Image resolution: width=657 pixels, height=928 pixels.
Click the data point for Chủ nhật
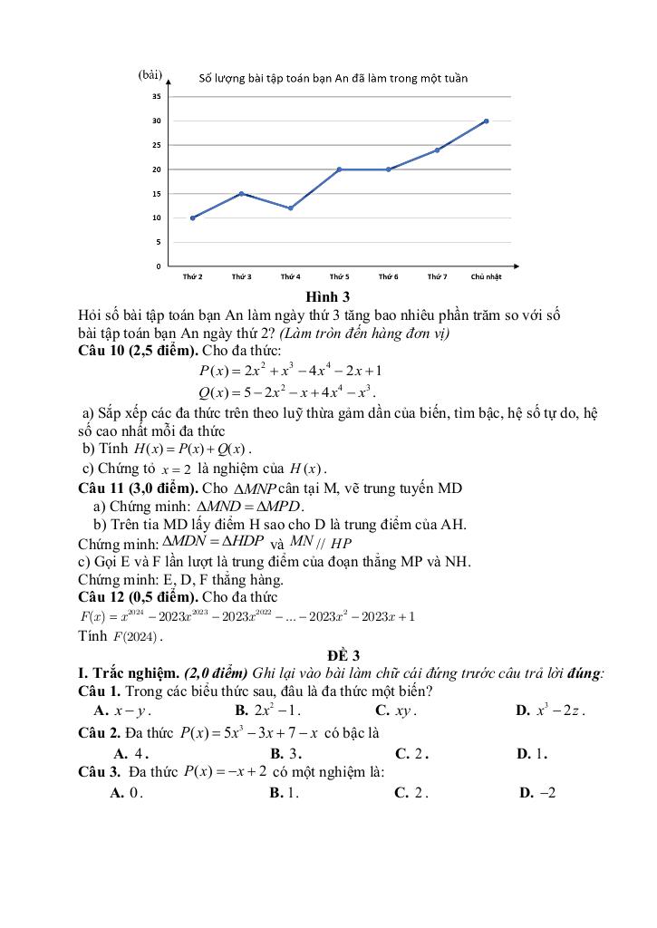[x=487, y=121]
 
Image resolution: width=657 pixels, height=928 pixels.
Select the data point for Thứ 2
[x=192, y=217]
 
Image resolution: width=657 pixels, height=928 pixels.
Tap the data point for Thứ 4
[x=290, y=208]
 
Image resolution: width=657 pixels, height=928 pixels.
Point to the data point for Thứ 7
[x=437, y=150]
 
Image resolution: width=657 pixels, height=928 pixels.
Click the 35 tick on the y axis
[x=157, y=96]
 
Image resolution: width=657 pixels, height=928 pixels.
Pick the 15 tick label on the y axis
[x=157, y=194]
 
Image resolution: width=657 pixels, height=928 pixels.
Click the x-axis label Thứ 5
[x=339, y=275]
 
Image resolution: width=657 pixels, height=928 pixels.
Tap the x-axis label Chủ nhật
[x=487, y=275]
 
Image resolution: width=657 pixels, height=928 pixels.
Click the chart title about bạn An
[x=333, y=79]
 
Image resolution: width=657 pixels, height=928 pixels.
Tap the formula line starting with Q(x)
[x=286, y=392]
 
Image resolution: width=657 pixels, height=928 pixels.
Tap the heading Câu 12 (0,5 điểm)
[x=140, y=597]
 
